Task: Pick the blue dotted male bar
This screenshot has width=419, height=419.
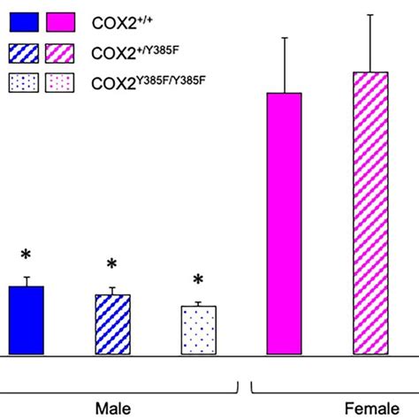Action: pyautogui.click(x=198, y=331)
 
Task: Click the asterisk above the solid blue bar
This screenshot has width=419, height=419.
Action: pyautogui.click(x=26, y=255)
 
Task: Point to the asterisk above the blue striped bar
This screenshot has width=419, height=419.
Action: pyautogui.click(x=112, y=264)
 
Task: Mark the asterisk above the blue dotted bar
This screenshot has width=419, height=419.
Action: pyautogui.click(x=198, y=279)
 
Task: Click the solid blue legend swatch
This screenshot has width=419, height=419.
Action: pyautogui.click(x=22, y=22)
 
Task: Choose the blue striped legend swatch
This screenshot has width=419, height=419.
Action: pyautogui.click(x=22, y=53)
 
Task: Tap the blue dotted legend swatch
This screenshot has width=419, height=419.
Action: pyautogui.click(x=22, y=84)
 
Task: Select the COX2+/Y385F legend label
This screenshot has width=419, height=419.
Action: pyautogui.click(x=144, y=52)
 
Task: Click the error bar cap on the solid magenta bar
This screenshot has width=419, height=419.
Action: pyautogui.click(x=284, y=38)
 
